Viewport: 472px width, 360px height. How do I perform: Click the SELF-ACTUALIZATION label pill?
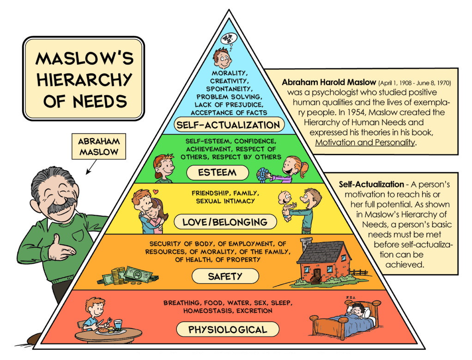tap(229, 125)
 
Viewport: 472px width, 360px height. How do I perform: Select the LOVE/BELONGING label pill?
tap(225, 222)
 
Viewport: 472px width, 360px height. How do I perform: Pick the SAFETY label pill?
tap(225, 276)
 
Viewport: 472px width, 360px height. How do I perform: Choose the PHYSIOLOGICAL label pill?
tap(227, 329)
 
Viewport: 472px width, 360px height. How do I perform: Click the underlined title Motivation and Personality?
tap(365, 142)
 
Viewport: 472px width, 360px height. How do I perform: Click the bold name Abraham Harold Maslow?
tap(328, 83)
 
